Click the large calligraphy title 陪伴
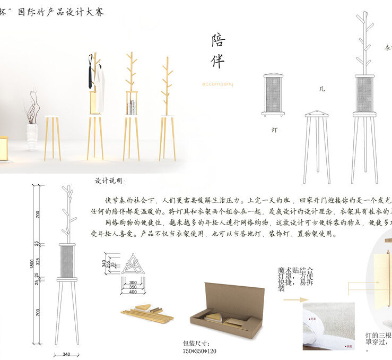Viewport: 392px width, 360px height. tap(217, 52)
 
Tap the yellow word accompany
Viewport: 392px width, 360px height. tap(217, 84)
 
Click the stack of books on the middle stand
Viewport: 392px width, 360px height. tap(132, 107)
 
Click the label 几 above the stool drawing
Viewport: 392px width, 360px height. tap(321, 89)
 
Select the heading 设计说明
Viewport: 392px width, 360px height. tap(110, 182)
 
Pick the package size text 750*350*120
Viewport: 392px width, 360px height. tap(199, 351)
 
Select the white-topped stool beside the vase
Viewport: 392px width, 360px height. tap(53, 135)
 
